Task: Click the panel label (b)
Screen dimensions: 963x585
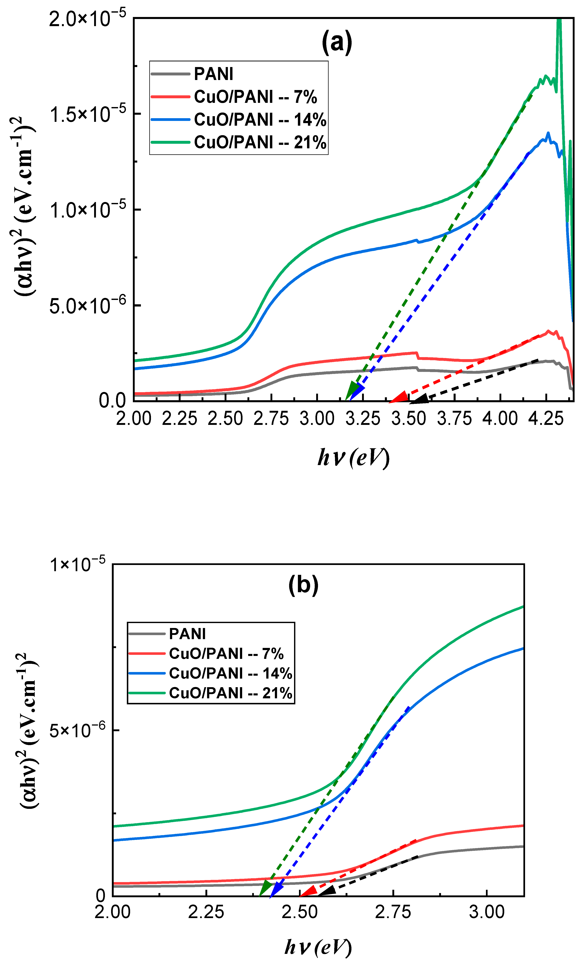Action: pos(303,585)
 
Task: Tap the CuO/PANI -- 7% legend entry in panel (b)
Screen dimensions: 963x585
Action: pos(226,653)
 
